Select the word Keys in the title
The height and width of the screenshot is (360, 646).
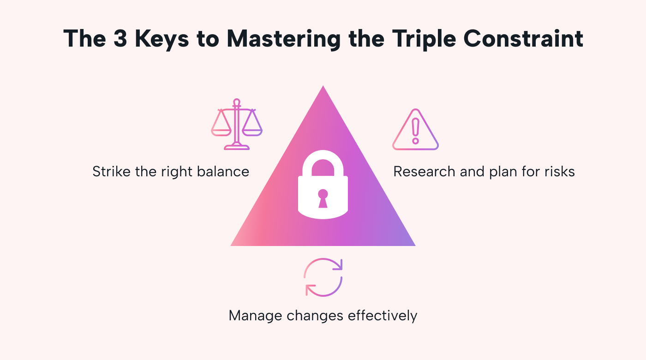tap(163, 39)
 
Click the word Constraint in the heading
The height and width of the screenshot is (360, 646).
tap(523, 39)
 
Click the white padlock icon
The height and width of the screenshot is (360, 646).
tap(323, 185)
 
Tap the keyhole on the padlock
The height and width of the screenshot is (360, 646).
tap(323, 198)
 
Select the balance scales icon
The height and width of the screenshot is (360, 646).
tap(237, 124)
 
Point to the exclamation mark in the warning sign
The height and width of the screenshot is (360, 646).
tap(415, 131)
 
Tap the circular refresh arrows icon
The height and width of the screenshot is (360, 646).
tap(323, 277)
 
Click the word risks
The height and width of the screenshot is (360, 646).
tap(559, 172)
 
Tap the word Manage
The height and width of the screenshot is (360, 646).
tap(255, 316)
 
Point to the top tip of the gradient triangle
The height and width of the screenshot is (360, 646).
tap(323, 87)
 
